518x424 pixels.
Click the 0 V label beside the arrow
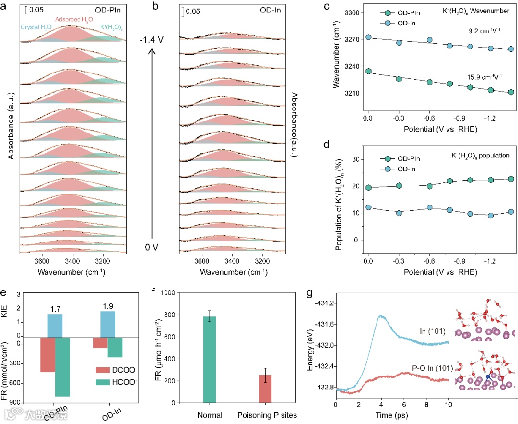pyautogui.click(x=152, y=247)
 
